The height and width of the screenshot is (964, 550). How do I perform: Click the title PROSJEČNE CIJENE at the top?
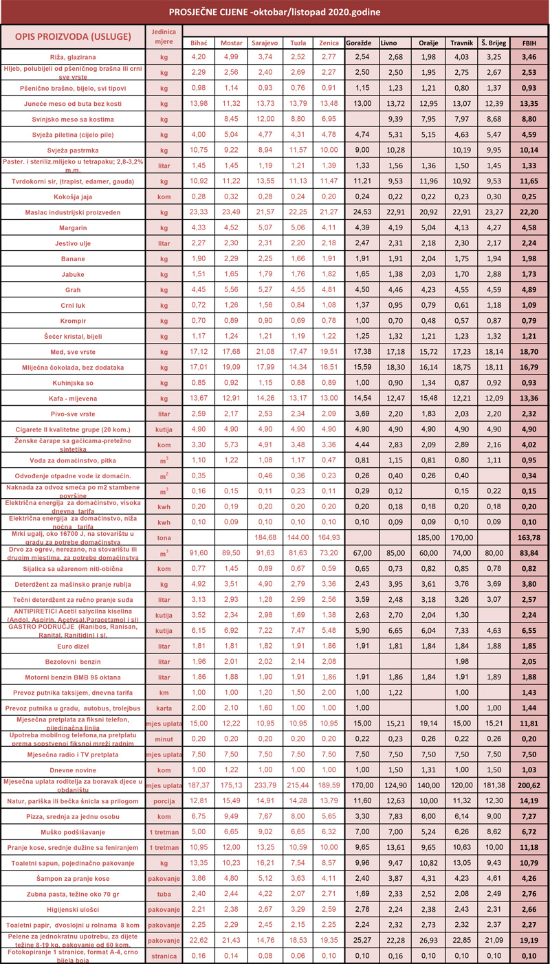[274, 12]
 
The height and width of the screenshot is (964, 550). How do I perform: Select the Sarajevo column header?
[263, 43]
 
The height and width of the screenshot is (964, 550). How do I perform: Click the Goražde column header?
[360, 43]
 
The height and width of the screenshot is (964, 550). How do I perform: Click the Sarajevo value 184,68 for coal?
[263, 536]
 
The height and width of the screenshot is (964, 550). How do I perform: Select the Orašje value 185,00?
[427, 536]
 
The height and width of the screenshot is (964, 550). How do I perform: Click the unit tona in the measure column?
[163, 536]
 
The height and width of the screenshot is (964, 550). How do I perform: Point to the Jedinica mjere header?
[163, 36]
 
